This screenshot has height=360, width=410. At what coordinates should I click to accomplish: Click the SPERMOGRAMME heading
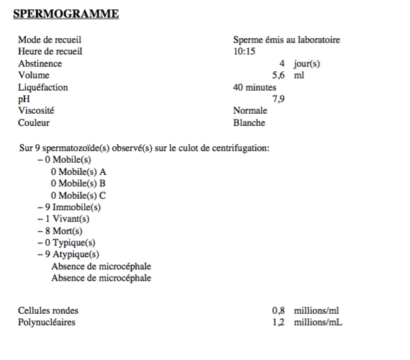click(x=66, y=14)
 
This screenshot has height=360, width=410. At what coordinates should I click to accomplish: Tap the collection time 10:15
click(x=245, y=52)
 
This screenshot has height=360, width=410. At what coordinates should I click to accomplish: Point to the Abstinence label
click(x=40, y=64)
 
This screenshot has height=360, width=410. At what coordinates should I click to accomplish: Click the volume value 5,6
click(x=278, y=76)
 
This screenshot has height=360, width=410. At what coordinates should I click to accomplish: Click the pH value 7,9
click(x=278, y=99)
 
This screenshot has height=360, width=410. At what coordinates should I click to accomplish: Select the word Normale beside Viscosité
click(x=250, y=111)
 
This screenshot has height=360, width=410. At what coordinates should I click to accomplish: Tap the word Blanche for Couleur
click(x=250, y=123)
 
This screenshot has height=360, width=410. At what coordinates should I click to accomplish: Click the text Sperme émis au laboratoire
click(x=286, y=40)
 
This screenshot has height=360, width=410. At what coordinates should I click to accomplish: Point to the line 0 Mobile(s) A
click(x=78, y=171)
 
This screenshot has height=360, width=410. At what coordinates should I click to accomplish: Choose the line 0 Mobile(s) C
click(x=78, y=195)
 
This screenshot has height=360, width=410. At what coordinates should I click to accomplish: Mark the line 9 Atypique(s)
click(x=71, y=254)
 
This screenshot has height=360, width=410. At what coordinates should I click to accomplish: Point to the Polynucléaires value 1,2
click(x=278, y=323)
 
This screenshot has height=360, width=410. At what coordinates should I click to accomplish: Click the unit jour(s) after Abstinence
click(x=306, y=64)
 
